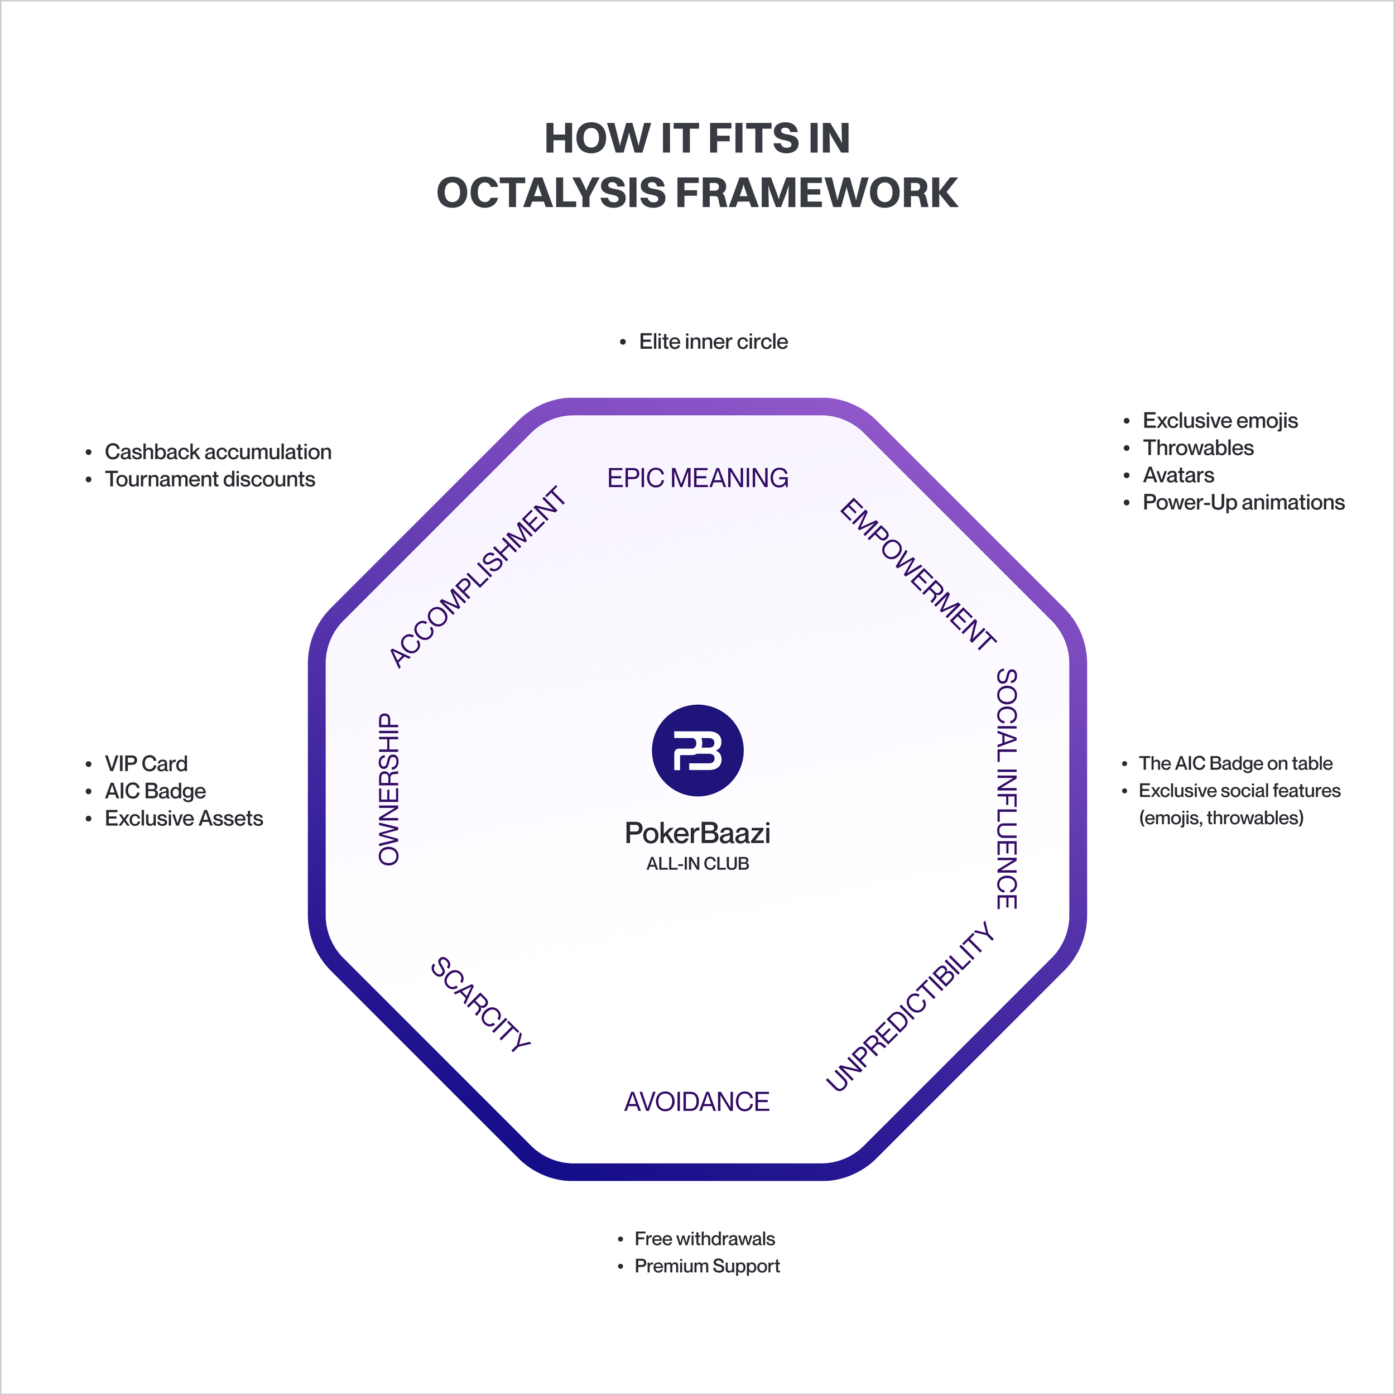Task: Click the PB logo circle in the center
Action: tap(698, 750)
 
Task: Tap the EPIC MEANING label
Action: tap(698, 478)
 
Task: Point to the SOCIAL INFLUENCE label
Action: tap(1007, 788)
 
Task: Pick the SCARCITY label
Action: tap(481, 1004)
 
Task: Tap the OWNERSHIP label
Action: tap(389, 789)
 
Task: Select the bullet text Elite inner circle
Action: tap(713, 341)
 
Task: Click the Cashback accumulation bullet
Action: tap(218, 452)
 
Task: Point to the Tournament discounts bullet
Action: tap(210, 479)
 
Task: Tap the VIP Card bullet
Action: tap(146, 763)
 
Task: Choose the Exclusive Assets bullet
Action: tap(184, 818)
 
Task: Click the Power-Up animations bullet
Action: tap(1243, 503)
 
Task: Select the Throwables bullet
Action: tap(1198, 448)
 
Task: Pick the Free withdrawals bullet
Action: tap(705, 1238)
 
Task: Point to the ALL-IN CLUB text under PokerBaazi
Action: tap(698, 864)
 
